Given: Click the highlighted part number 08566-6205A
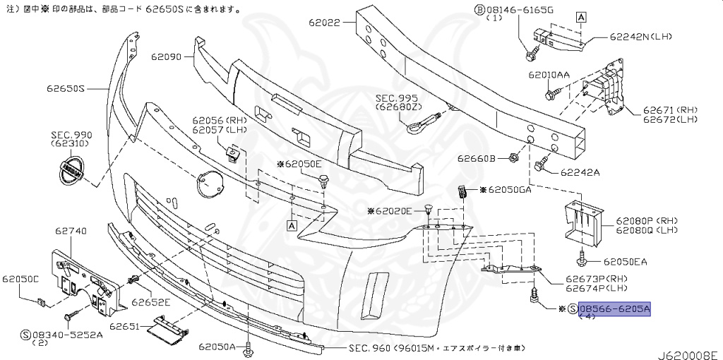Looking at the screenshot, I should [614, 309].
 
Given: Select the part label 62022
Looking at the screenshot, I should [324, 23].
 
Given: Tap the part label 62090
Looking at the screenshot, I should [166, 54].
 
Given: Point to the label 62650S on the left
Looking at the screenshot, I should [66, 89].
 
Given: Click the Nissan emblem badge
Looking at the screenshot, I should [69, 172].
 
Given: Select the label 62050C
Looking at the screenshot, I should [20, 279].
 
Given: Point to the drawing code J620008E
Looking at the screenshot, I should [688, 352].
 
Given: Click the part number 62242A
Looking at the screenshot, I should [580, 172].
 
